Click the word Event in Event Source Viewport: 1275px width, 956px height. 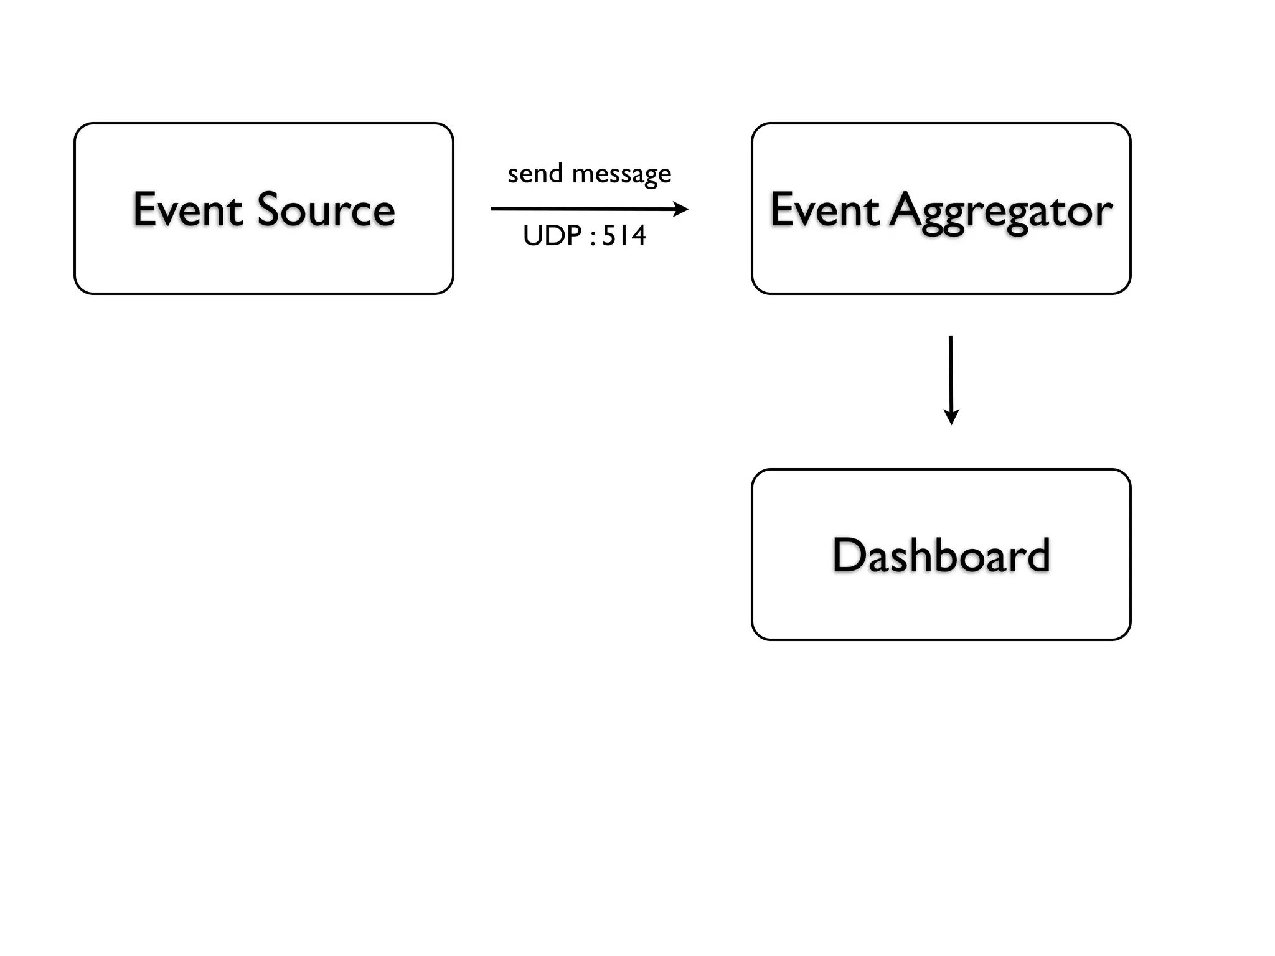pos(187,210)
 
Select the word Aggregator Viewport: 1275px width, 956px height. pos(1001,212)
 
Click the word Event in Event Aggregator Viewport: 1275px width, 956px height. pos(825,210)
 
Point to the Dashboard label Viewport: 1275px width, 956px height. pos(941,555)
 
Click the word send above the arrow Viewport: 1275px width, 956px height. pos(535,174)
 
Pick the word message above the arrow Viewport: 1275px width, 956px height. pos(621,174)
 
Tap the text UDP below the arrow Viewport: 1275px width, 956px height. pos(552,236)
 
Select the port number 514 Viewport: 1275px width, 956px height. pos(624,236)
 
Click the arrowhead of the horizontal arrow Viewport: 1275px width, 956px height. pos(682,209)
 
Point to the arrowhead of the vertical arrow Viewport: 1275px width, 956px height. pos(951,417)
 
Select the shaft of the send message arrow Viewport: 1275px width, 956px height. pos(579,209)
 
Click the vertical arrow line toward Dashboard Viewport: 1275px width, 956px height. pos(951,373)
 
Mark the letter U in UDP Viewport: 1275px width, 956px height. pos(533,236)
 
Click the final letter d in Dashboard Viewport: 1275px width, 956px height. pos(1038,555)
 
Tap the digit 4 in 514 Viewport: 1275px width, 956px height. pos(638,236)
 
